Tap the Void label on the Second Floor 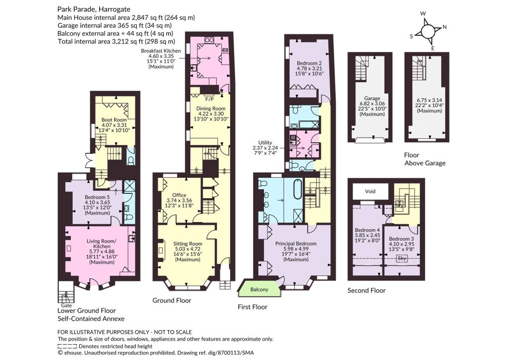tap(370, 191)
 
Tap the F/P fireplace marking tap(210, 99)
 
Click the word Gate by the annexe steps tap(66, 305)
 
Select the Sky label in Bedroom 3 tap(402, 258)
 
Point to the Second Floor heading tap(367, 290)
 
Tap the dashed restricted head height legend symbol tap(67, 346)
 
